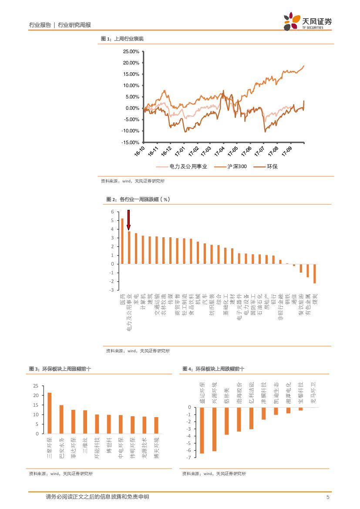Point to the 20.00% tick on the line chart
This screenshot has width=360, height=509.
pos(131,63)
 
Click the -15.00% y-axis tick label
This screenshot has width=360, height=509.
pos(130,142)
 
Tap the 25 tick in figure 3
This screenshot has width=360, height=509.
pos(36,386)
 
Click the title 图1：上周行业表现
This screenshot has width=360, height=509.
pos(122,39)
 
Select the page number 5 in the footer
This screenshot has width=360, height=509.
pos(328,497)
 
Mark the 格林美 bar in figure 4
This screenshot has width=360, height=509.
pos(226,421)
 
